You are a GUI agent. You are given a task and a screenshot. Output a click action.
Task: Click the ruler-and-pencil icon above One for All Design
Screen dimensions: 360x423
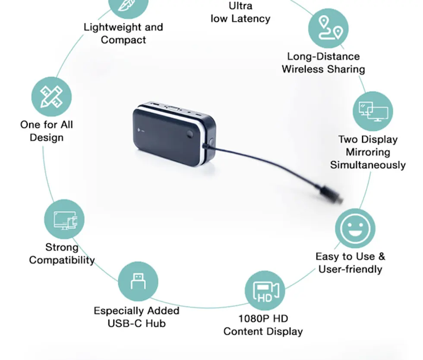point(51,97)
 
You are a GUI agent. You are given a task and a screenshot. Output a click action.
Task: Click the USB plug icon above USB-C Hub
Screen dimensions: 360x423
point(138,281)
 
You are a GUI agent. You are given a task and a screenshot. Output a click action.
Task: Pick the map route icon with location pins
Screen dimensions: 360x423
point(328,28)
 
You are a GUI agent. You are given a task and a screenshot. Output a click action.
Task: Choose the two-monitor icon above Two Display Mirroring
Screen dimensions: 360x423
point(373,111)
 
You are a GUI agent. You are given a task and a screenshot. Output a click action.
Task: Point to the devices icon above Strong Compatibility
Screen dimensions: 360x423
point(64,219)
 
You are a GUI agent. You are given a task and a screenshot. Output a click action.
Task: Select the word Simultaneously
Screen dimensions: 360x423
point(368,165)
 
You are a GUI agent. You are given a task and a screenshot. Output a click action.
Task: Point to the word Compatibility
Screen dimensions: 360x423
point(62,260)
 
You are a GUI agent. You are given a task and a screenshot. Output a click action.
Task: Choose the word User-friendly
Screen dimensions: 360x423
point(350,269)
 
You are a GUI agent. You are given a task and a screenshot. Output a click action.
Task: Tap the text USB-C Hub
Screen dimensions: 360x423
point(136,323)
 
